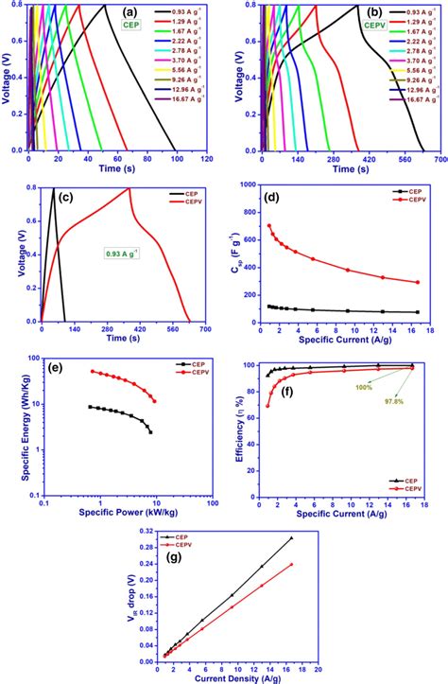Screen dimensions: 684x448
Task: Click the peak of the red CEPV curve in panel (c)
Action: click(129, 188)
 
